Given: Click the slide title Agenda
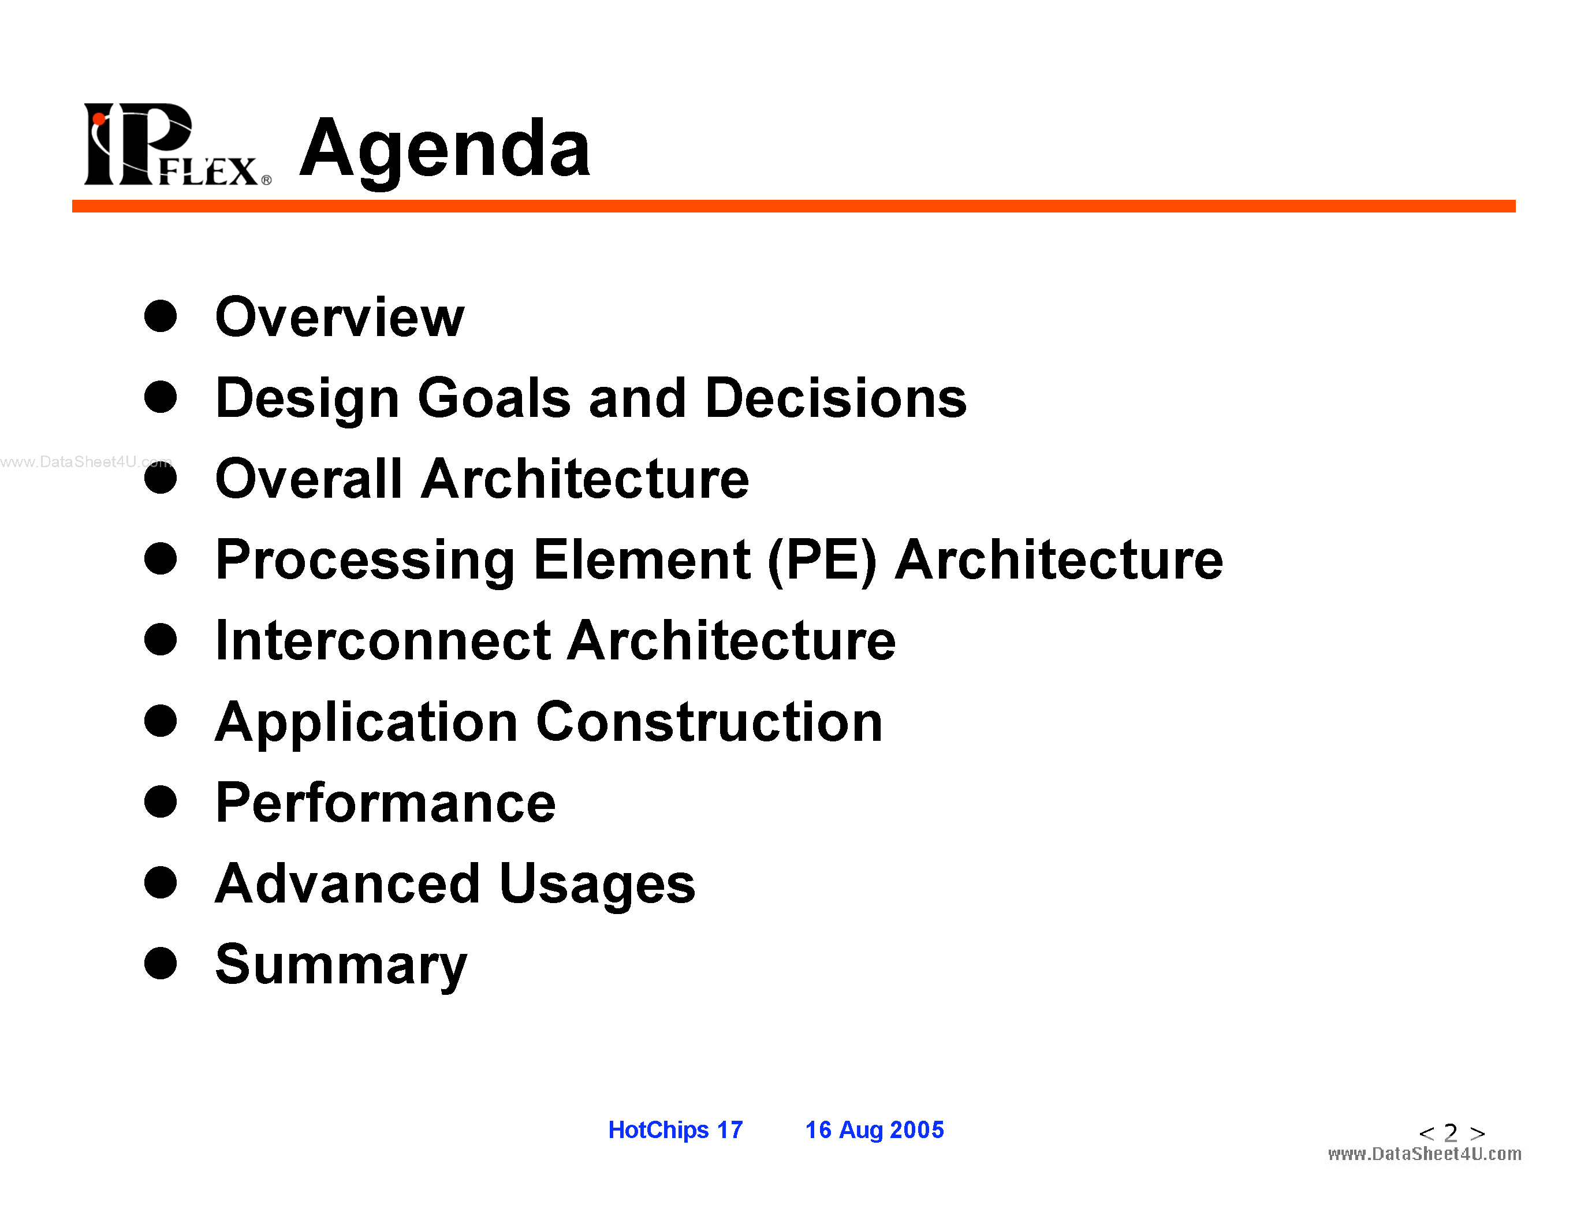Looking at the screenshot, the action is click(445, 151).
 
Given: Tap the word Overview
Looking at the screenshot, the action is click(340, 317).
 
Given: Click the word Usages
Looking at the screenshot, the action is click(597, 885).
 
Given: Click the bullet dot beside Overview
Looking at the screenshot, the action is click(161, 316).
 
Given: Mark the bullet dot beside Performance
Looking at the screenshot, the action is click(161, 802).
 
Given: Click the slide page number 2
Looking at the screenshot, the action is click(1451, 1132).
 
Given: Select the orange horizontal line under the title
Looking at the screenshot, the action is click(794, 207).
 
